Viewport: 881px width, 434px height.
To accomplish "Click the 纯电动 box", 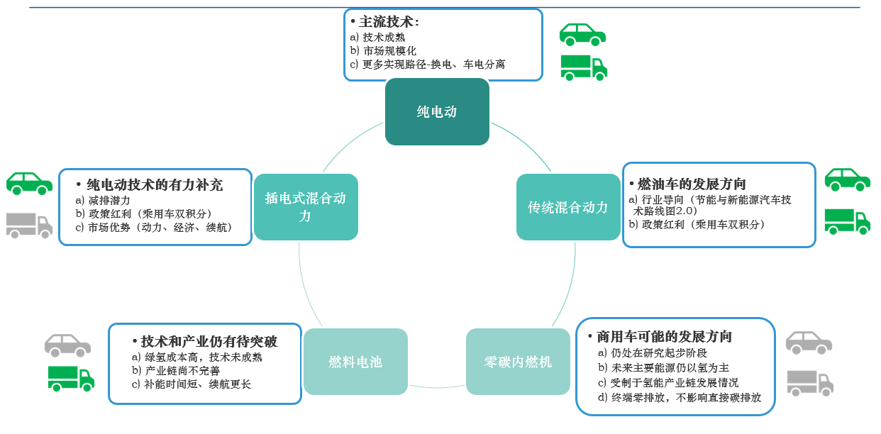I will click(437, 111).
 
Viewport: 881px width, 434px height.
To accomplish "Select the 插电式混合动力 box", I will click(306, 207).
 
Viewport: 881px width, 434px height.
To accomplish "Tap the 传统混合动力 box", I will click(567, 207).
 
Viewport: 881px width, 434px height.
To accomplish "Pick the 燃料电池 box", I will click(355, 362).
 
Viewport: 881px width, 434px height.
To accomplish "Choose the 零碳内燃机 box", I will click(518, 362).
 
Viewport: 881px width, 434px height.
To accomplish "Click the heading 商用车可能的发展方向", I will click(664, 336).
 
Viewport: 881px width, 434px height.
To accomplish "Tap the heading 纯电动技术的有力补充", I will click(154, 185).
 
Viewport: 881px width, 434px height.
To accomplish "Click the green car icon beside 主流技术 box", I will click(582, 34).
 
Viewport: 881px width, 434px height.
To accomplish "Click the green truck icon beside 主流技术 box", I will click(584, 67).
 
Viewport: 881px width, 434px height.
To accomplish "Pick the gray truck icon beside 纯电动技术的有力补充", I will click(29, 225).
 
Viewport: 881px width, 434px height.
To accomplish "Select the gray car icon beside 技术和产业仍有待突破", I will click(67, 345).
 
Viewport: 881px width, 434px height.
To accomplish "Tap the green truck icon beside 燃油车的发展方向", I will click(847, 221).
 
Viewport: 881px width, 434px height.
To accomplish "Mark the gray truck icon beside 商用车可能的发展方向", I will click(809, 383).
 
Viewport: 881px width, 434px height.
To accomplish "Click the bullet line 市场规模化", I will click(389, 51).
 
